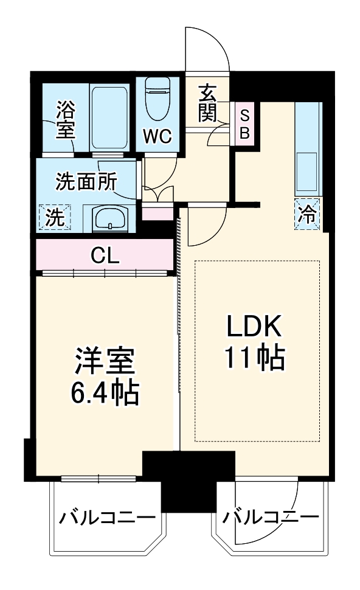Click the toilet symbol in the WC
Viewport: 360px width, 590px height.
tap(159, 98)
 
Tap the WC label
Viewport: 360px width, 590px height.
tap(157, 134)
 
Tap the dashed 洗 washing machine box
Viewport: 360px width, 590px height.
tap(55, 218)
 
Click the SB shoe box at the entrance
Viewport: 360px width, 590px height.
tap(244, 124)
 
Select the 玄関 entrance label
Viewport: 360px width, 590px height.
tap(207, 102)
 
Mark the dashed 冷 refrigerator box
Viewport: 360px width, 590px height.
tap(309, 214)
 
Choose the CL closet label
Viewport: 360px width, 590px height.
tap(105, 254)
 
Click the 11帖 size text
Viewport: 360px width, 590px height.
tap(255, 359)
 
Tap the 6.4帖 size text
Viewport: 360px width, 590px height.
tap(103, 394)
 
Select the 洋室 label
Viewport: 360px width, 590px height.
tap(103, 363)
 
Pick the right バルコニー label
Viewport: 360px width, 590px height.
tap(271, 518)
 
